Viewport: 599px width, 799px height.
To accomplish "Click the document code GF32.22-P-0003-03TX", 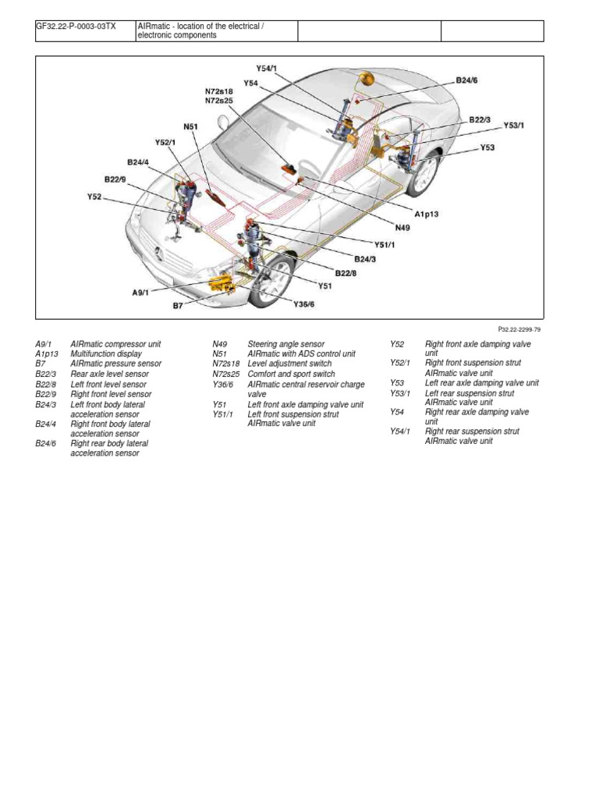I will click(76, 26).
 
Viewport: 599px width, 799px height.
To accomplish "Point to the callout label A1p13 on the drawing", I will click(427, 213).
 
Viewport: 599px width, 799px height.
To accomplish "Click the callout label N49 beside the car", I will click(402, 227).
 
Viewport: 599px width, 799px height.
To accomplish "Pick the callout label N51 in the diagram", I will click(192, 126).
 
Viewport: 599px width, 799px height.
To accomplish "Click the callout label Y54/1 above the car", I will click(267, 69).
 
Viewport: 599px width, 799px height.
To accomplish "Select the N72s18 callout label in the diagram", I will click(219, 91).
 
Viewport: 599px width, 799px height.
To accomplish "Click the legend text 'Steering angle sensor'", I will click(285, 344).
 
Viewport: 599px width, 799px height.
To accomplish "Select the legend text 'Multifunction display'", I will click(106, 354).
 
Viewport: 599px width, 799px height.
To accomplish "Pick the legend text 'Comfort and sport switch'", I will click(291, 375).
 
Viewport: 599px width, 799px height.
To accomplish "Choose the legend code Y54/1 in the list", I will click(401, 431).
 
